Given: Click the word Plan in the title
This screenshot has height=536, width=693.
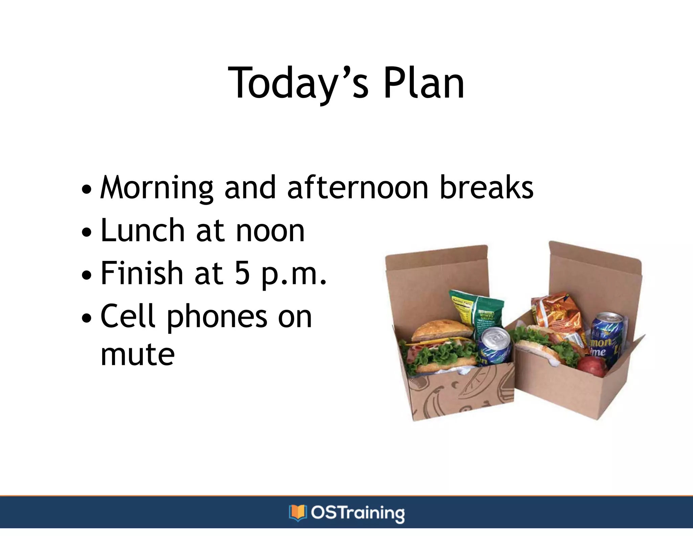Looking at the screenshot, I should pos(424,83).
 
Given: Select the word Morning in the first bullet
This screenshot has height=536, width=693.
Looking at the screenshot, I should pos(157,188).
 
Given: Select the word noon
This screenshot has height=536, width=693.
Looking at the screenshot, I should pos(270,231).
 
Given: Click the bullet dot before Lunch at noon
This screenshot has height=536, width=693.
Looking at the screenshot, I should pos(87,233).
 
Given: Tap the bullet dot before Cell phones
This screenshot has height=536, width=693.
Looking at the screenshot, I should pos(87,318).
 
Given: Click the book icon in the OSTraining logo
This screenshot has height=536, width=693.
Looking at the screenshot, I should pos(297,513).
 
